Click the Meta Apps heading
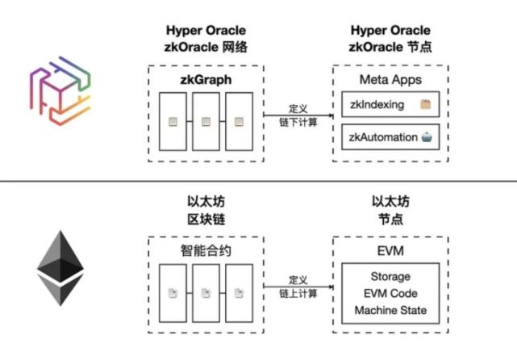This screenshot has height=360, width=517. click(x=390, y=81)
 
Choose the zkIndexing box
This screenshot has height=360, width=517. click(x=390, y=106)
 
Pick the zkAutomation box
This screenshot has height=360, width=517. click(x=390, y=137)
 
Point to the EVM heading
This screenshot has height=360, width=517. click(x=390, y=250)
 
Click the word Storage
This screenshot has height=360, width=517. click(x=390, y=277)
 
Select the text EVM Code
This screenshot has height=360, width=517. click(x=390, y=294)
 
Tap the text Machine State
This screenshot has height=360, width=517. click(x=390, y=311)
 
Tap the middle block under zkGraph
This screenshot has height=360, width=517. click(x=206, y=122)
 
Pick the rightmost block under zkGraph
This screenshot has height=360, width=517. click(x=239, y=122)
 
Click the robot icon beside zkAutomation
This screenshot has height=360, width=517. click(x=427, y=137)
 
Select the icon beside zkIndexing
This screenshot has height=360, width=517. click(x=427, y=106)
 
